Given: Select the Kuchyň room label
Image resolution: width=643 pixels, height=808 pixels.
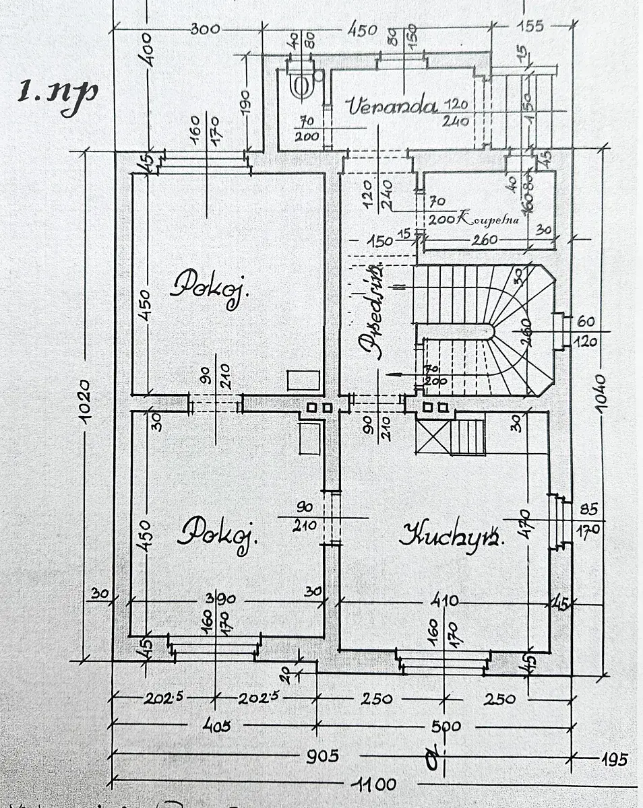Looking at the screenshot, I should tap(452, 535).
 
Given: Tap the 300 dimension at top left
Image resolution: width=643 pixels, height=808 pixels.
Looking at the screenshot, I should tap(205, 29).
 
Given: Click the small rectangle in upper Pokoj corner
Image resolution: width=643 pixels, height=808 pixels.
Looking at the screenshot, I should tap(303, 380).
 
